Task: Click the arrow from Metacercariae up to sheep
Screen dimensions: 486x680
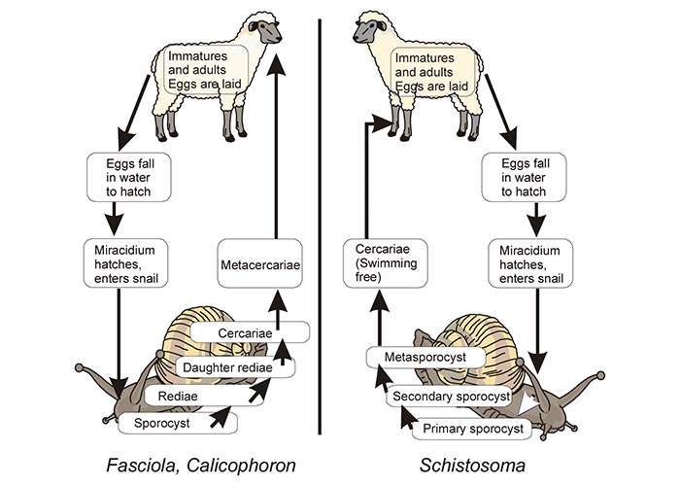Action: (x=276, y=146)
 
